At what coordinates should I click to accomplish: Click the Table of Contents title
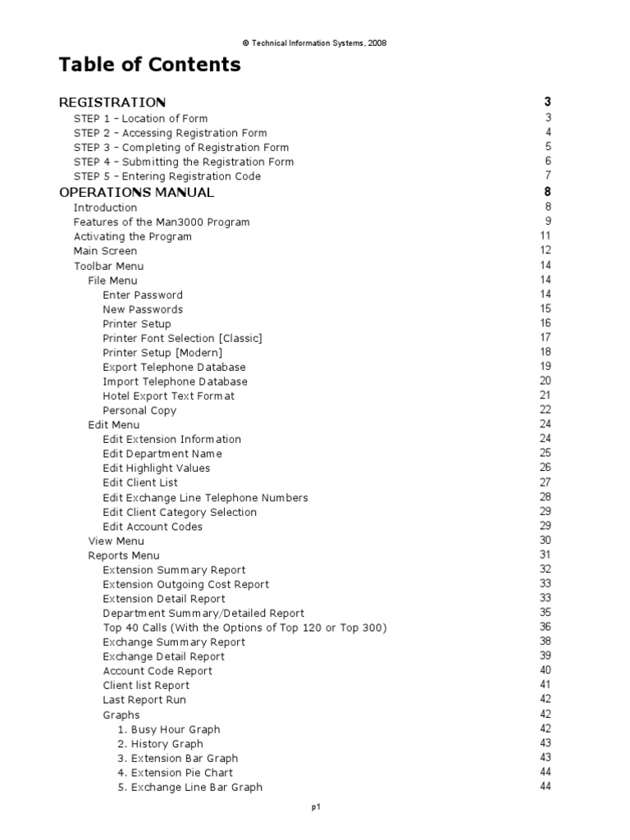click(149, 65)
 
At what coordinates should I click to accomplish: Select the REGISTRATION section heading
click(112, 103)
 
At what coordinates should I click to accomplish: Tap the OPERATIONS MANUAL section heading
click(137, 193)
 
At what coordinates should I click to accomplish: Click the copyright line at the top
click(314, 43)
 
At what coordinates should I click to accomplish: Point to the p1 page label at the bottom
click(315, 808)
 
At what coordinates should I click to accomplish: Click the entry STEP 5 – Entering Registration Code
click(167, 176)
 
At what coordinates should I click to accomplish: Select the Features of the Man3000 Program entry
click(162, 222)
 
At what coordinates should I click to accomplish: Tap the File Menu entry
click(112, 281)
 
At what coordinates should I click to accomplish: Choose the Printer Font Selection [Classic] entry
click(182, 338)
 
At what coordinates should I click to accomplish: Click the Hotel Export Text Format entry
click(168, 396)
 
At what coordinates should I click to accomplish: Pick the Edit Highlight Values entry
click(156, 468)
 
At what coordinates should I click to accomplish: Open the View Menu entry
click(116, 541)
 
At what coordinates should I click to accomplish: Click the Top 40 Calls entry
click(244, 628)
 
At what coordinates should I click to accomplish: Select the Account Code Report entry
click(157, 671)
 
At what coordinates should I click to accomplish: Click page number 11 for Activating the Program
click(545, 236)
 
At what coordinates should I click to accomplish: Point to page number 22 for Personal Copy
click(545, 410)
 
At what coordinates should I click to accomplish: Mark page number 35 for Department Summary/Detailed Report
click(545, 613)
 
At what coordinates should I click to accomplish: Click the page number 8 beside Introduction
click(547, 208)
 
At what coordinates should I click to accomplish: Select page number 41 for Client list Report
click(545, 685)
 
